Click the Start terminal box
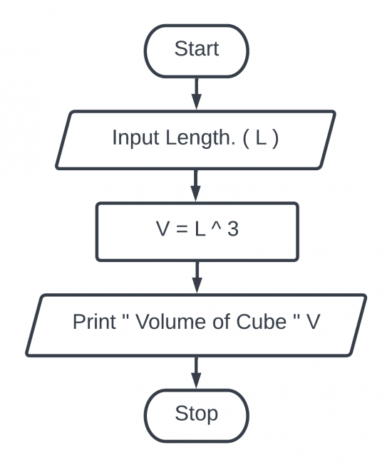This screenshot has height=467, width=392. (x=196, y=51)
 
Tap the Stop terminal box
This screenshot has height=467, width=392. (x=196, y=414)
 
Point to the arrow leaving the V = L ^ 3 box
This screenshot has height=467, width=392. (x=196, y=276)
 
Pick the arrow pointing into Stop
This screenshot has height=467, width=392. (x=196, y=370)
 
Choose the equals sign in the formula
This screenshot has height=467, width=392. (x=180, y=230)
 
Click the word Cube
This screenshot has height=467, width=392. (x=254, y=322)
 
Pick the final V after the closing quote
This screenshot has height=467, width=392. (x=312, y=322)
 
